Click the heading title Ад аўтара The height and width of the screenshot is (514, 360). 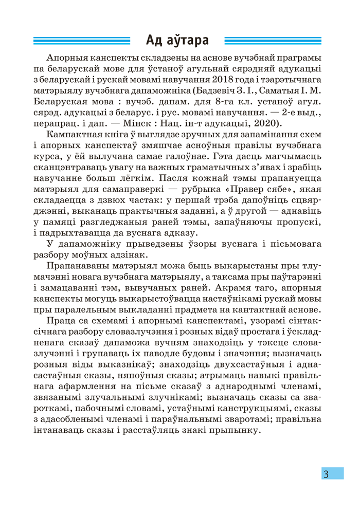177,40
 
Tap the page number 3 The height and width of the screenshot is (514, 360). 326,473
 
